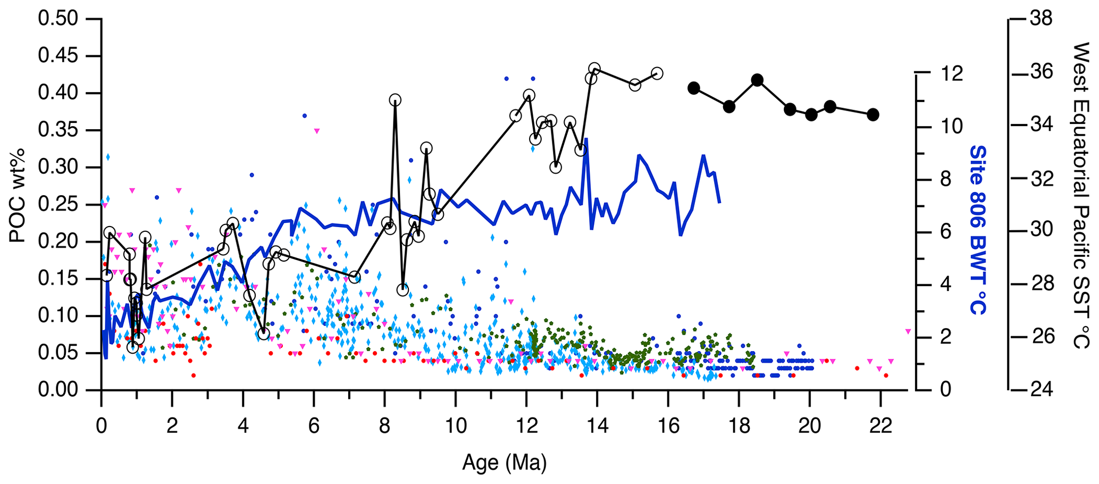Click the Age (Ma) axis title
coord(504,463)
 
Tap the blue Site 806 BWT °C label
coord(977,230)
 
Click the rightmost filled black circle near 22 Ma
coord(873,114)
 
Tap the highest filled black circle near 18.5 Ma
coord(758,80)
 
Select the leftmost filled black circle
coord(693,88)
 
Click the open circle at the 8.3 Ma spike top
coord(395,99)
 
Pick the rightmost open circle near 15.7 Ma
coord(657,73)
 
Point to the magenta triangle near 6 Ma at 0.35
coord(317,130)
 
